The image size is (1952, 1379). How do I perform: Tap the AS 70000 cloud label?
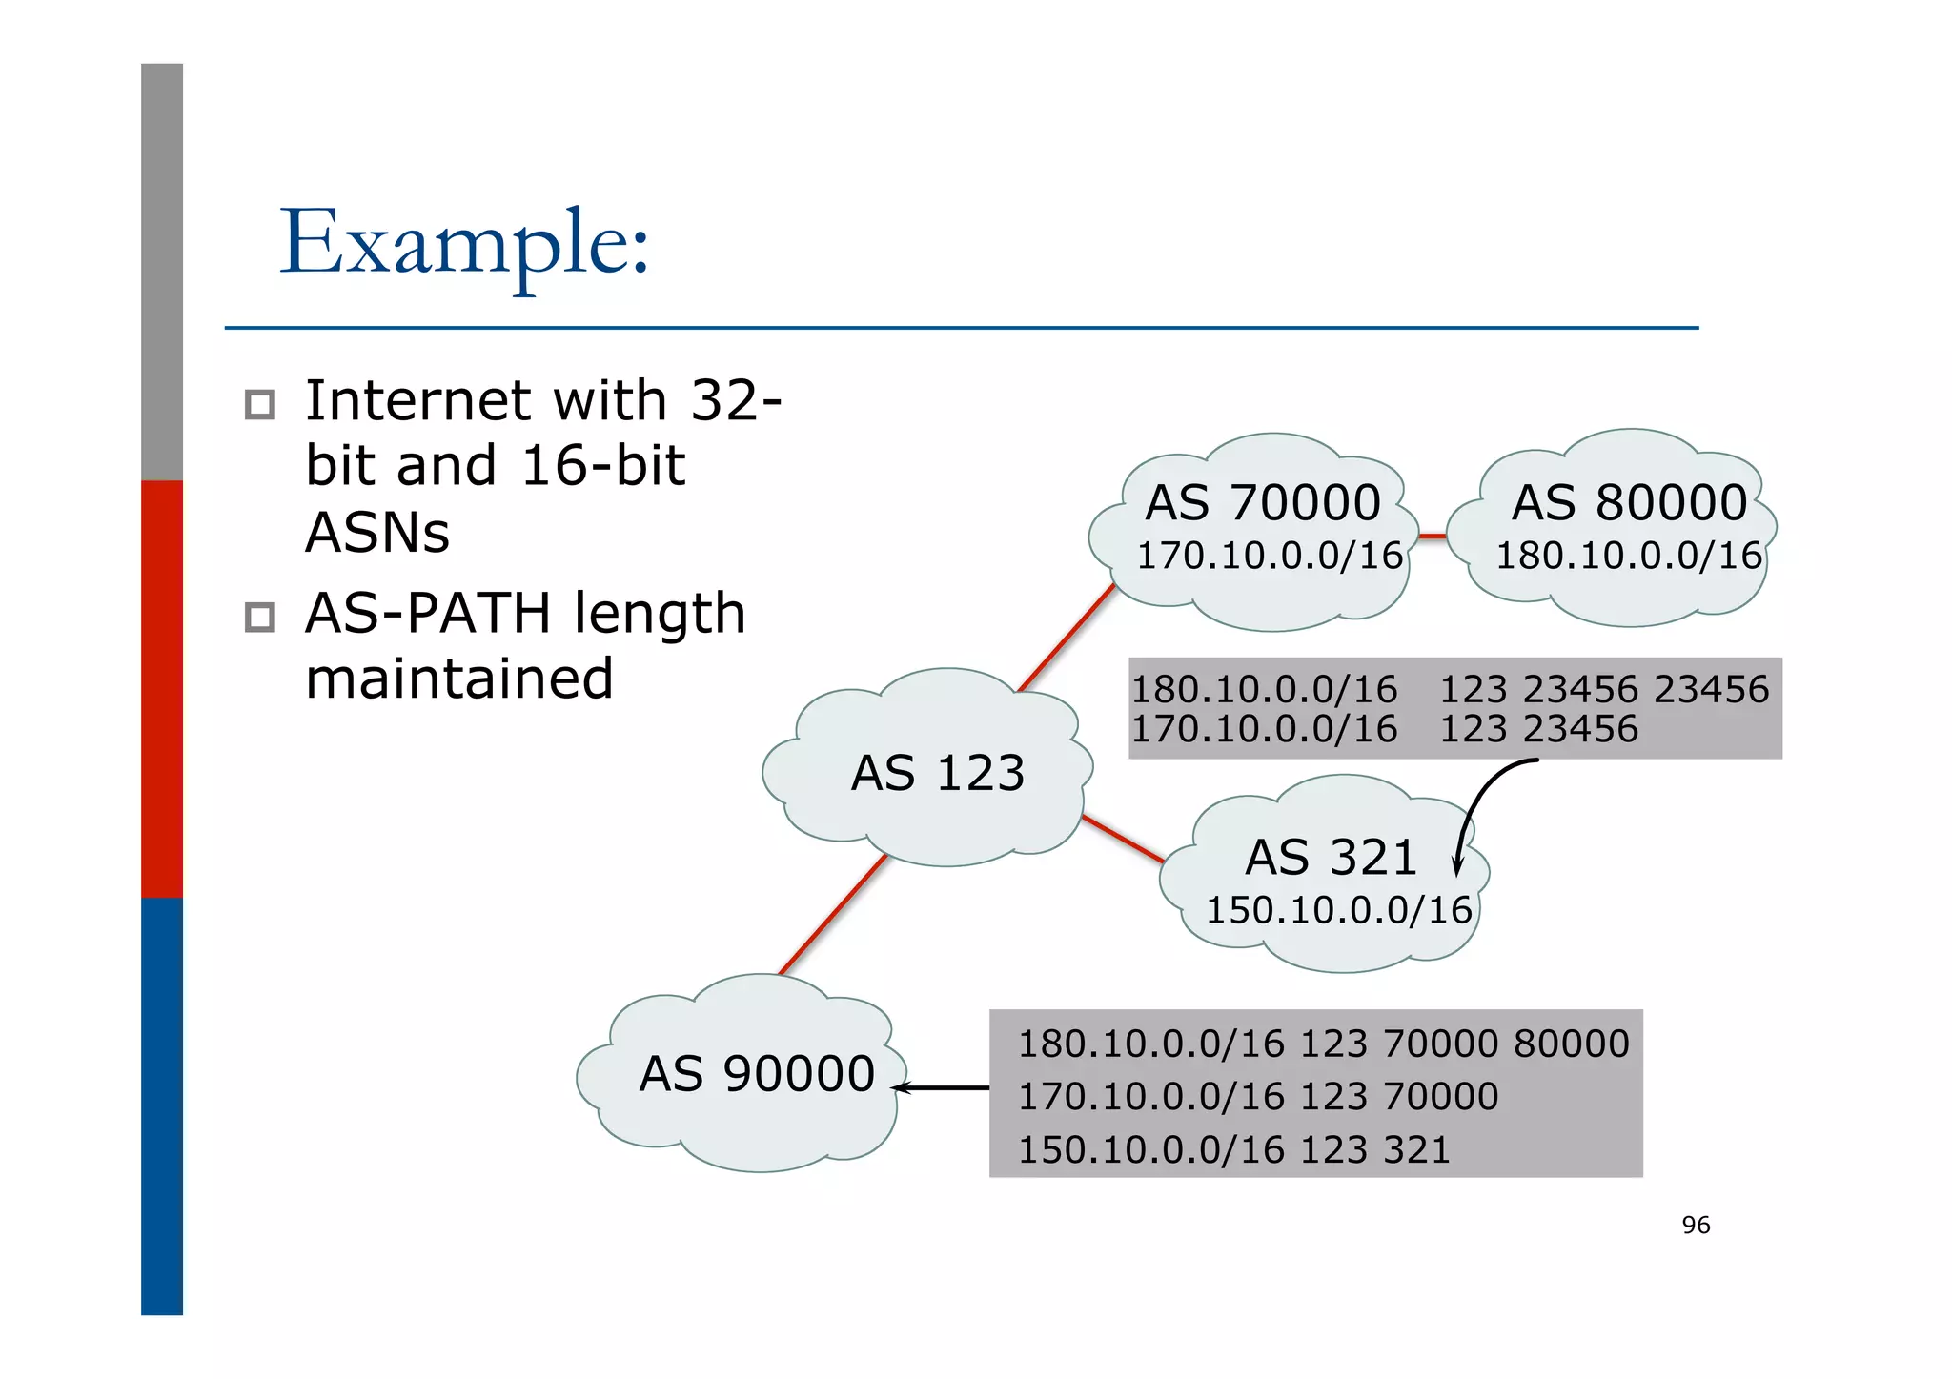1263,502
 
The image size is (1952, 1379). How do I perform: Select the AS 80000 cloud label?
1629,502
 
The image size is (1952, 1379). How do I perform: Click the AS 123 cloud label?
938,772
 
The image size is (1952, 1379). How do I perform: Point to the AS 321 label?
1332,857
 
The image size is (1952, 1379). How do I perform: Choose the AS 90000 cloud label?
757,1074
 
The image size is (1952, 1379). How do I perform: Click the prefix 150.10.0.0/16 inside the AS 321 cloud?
1339,910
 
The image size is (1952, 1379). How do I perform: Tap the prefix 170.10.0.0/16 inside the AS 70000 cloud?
1270,556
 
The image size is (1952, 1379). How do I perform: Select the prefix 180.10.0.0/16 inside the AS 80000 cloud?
1629,556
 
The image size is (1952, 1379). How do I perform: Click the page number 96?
1696,1225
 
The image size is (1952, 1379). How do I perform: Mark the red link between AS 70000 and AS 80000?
1432,537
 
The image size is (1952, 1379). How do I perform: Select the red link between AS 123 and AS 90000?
833,915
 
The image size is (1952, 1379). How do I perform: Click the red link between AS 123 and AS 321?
1123,839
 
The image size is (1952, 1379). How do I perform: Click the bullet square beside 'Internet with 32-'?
259,405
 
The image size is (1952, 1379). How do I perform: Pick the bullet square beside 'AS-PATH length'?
259,618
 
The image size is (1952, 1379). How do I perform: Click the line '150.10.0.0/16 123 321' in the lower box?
1233,1149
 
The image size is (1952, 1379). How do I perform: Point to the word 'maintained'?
459,679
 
